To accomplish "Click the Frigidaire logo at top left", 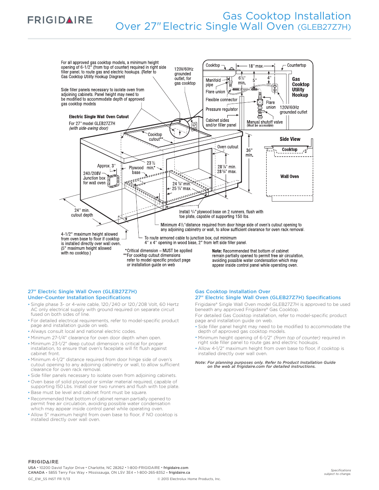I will pyautogui.click(x=60, y=20).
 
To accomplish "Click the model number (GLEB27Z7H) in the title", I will pyautogui.click(x=324, y=27).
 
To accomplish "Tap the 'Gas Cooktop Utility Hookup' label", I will pyautogui.click(x=300, y=87).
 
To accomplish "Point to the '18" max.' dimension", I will pyautogui.click(x=256, y=66).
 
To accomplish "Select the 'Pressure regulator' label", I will pyautogui.click(x=222, y=110).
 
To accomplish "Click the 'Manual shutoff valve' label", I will pyautogui.click(x=265, y=122).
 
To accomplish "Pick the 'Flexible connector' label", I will pyautogui.click(x=221, y=100).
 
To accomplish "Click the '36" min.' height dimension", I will pyautogui.click(x=249, y=153).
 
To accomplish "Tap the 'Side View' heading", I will pyautogui.click(x=290, y=139).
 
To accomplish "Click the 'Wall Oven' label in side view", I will pyautogui.click(x=290, y=177).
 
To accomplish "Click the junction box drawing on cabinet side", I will pyautogui.click(x=114, y=181).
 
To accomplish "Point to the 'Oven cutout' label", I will pyautogui.click(x=228, y=147).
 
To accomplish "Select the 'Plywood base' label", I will pyautogui.click(x=136, y=170).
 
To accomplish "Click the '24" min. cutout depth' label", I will pyautogui.click(x=82, y=213).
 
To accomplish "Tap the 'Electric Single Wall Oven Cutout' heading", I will pyautogui.click(x=99, y=117).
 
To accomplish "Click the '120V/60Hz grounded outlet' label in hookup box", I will pyautogui.click(x=293, y=110).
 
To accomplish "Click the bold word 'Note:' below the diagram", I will pyautogui.click(x=217, y=251).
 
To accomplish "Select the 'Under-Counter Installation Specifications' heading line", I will pyautogui.click(x=79, y=298).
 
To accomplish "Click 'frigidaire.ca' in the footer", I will pyautogui.click(x=179, y=473).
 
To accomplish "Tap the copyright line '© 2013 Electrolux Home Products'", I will pyautogui.click(x=189, y=479).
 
